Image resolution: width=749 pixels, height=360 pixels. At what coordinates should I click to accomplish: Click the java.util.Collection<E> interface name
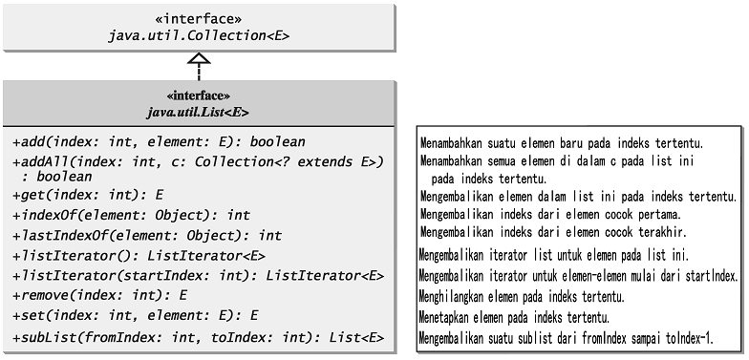199,35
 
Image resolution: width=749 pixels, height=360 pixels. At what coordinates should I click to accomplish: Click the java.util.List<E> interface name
199,111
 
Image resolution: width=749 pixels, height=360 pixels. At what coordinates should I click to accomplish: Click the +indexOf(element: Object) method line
132,216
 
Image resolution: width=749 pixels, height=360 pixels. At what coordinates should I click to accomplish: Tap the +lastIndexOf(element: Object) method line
147,235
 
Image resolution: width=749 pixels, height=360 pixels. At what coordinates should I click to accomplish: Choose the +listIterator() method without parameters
139,256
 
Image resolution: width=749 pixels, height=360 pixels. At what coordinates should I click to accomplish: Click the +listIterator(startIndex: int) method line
198,276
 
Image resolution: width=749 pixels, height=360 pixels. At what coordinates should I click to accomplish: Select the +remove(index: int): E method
100,296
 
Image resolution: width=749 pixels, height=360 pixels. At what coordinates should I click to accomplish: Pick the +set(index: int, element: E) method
136,315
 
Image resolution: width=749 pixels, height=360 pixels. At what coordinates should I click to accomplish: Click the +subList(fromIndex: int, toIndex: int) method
198,337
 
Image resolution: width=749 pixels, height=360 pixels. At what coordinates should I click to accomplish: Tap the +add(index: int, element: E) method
146,142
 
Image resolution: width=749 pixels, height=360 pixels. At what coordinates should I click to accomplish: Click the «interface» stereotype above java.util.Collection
199,18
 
